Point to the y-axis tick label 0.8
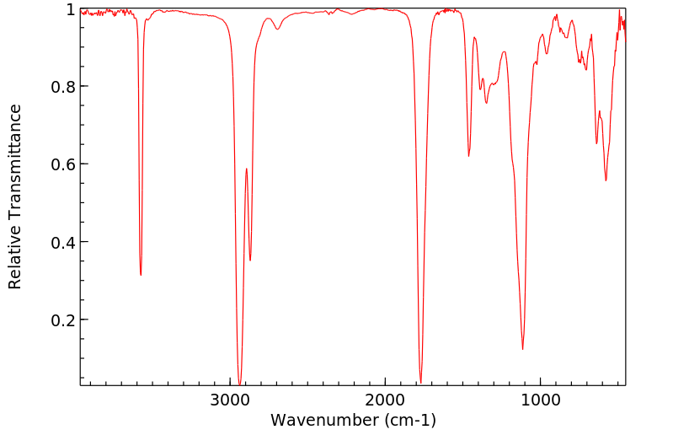[x=64, y=87]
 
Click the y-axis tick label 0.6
[x=64, y=164]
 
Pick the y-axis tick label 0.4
[x=64, y=242]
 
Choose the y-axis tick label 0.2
[x=64, y=320]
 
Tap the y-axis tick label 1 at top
[x=71, y=9]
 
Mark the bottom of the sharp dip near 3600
[x=141, y=275]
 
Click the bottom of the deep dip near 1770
[x=420, y=382]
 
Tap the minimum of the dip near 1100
[x=523, y=349]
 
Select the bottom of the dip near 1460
[x=469, y=156]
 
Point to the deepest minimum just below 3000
[x=240, y=384]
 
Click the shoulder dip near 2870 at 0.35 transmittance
[x=250, y=260]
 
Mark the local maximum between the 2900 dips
[x=246, y=169]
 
